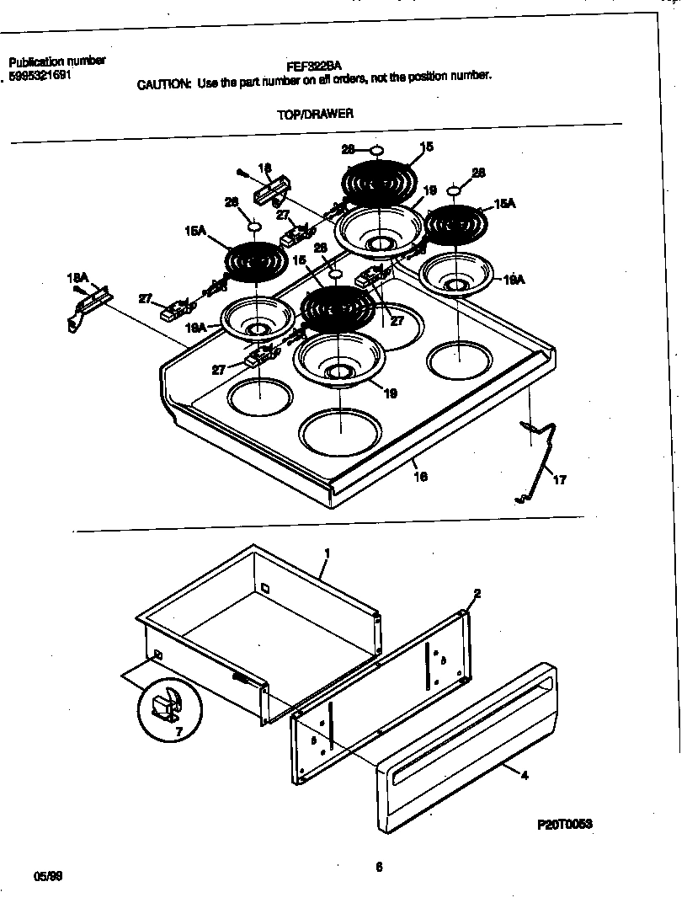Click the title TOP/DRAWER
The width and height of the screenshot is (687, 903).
coord(315,113)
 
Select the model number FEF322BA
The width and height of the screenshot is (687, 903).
coord(313,63)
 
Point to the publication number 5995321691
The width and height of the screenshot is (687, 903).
coord(45,75)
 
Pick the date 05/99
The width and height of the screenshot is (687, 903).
coord(47,876)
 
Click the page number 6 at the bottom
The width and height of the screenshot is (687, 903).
coord(379,865)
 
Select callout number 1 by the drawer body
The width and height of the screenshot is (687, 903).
coord(327,553)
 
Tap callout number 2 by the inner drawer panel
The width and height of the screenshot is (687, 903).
coord(477,594)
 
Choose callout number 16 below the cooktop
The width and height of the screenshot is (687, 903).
coord(421,477)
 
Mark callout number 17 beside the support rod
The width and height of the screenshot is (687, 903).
coord(559,480)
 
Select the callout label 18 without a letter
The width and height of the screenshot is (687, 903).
coord(264,168)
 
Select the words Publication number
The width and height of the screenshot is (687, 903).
coord(56,61)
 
